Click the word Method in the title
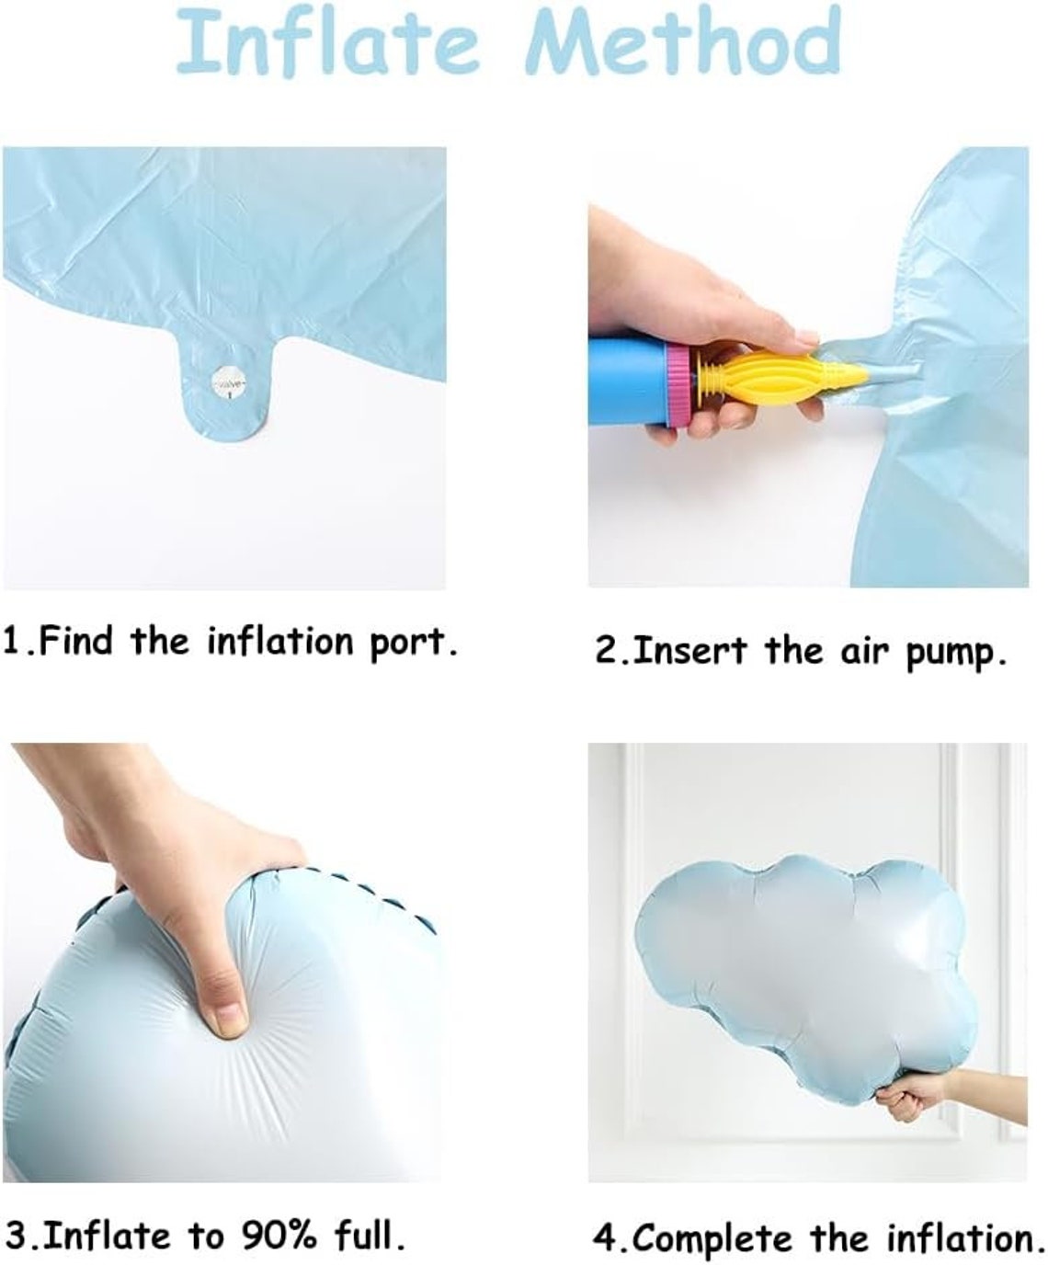click(x=683, y=43)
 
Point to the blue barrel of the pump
click(x=628, y=382)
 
